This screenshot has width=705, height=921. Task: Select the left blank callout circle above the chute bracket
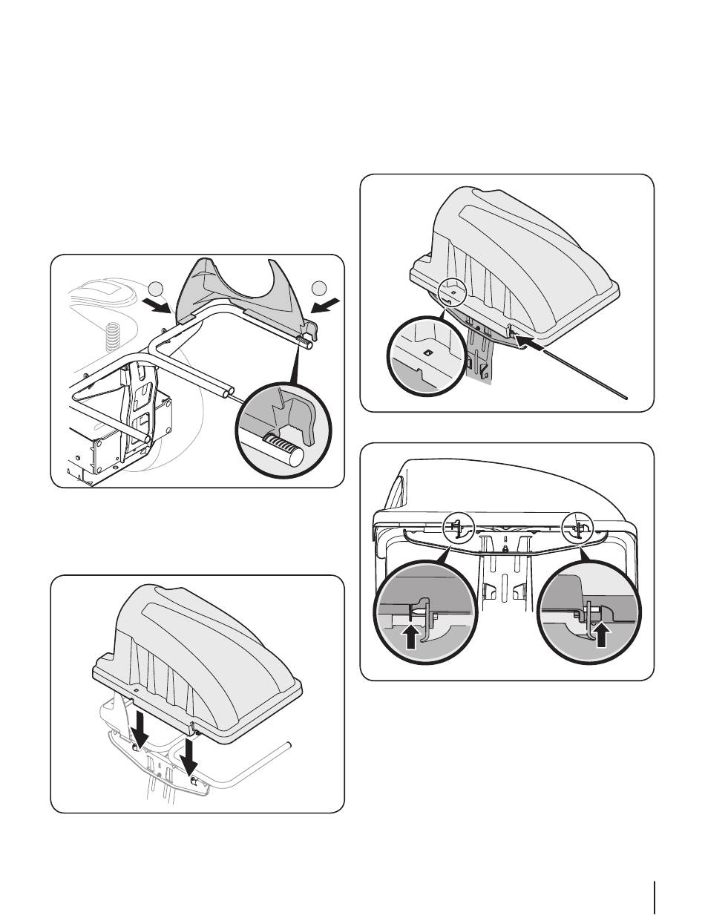pos(155,289)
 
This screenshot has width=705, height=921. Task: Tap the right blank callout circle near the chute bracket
pos(320,288)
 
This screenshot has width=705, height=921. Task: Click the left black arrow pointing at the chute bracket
pos(158,307)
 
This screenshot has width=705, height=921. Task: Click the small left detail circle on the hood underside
pos(457,528)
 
